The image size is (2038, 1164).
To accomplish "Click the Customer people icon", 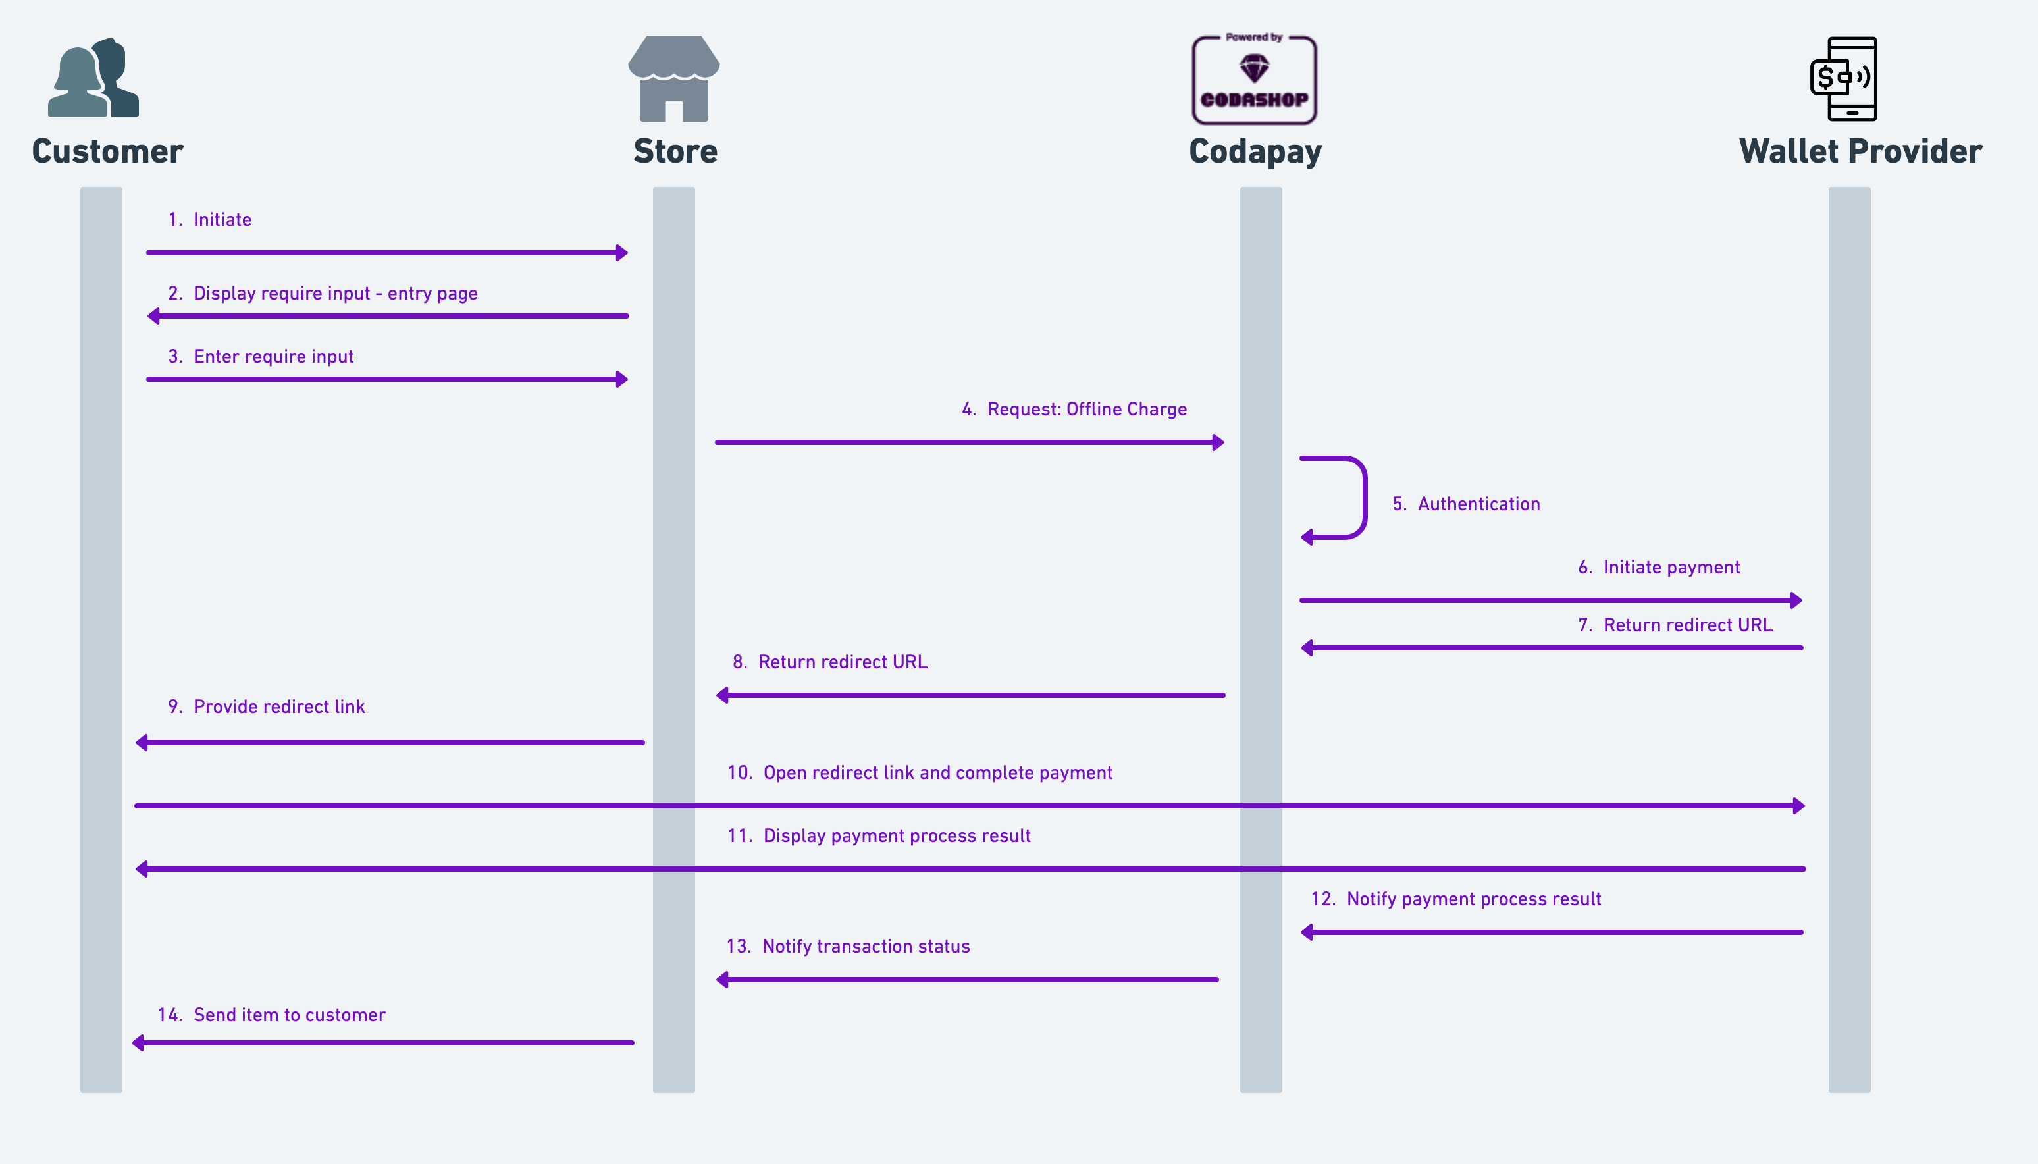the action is pyautogui.click(x=93, y=77).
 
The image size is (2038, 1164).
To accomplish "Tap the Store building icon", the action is pyautogui.click(x=674, y=78).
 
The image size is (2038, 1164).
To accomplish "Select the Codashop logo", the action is pyautogui.click(x=1254, y=79).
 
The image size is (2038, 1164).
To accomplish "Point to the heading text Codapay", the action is pyautogui.click(x=1255, y=152).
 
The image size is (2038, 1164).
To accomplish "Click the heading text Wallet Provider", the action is pyautogui.click(x=1860, y=151).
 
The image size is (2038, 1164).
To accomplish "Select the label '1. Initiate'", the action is pyautogui.click(x=209, y=220).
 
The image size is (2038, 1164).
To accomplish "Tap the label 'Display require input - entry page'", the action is pyautogui.click(x=336, y=294).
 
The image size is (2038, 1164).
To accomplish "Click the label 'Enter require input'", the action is pyautogui.click(x=273, y=357).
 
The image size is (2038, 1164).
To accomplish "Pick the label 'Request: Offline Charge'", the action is pyautogui.click(x=1087, y=410).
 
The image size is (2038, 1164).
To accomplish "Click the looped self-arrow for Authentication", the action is pyautogui.click(x=1364, y=497).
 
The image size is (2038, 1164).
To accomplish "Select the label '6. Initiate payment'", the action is pyautogui.click(x=1658, y=568).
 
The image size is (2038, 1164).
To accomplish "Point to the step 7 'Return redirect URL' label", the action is pyautogui.click(x=1688, y=625).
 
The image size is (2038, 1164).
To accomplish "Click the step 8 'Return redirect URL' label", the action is pyautogui.click(x=843, y=662).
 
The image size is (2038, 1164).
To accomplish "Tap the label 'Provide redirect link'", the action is pyautogui.click(x=279, y=706).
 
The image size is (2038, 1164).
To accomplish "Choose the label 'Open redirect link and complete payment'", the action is pyautogui.click(x=937, y=773).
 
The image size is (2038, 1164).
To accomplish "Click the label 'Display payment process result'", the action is pyautogui.click(x=897, y=836).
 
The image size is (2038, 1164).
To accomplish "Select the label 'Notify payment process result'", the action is pyautogui.click(x=1474, y=899).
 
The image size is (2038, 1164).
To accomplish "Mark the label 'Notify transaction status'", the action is pyautogui.click(x=866, y=947).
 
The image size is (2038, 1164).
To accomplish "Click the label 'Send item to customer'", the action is pyautogui.click(x=290, y=1015).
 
